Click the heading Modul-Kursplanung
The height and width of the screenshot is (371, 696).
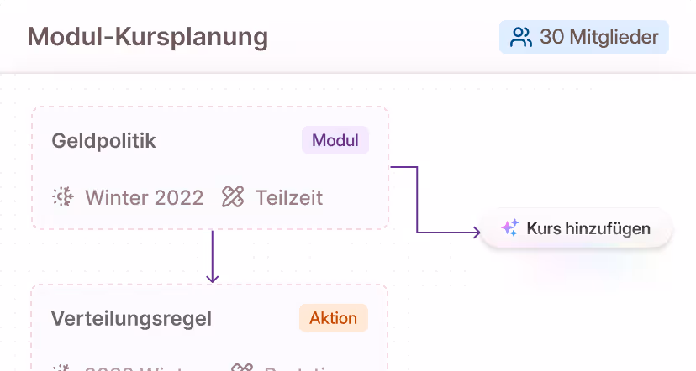coord(148,37)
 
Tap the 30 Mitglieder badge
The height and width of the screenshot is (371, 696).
coord(584,37)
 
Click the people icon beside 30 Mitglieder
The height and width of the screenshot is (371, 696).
coord(521,37)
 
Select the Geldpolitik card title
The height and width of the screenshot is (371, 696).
coord(103,141)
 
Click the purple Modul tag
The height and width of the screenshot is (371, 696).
coord(335,140)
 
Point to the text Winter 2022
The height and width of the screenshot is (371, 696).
coord(144,197)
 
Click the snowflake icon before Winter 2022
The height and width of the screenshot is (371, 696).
coord(63,197)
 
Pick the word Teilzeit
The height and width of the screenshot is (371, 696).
coord(288,197)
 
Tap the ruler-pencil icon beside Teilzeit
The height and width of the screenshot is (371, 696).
coord(233,197)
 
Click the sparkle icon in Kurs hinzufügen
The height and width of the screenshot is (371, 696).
coord(509,228)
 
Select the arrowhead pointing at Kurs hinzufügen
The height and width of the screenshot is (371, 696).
coord(476,232)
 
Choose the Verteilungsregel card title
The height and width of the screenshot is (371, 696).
coord(131,319)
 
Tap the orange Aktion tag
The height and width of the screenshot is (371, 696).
coord(333,318)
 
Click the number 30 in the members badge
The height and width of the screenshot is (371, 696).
coord(551,37)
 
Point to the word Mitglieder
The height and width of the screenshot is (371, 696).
coord(614,37)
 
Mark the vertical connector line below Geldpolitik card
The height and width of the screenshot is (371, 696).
coord(212,252)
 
